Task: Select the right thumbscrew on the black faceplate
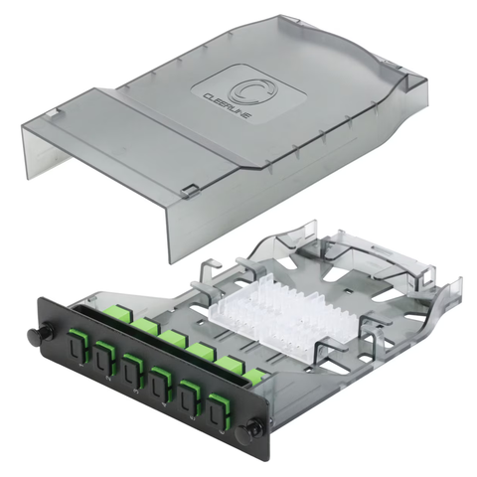click(x=254, y=425)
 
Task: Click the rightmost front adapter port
click(x=219, y=409)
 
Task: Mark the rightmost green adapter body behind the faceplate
click(x=255, y=377)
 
